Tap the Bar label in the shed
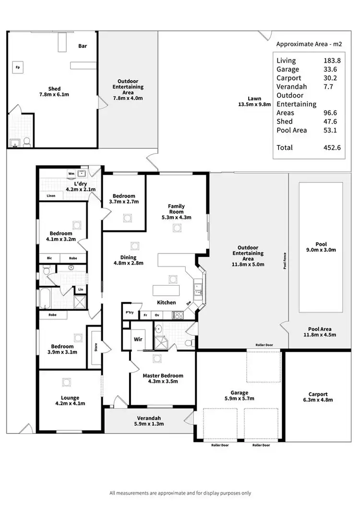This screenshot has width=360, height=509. (83, 46)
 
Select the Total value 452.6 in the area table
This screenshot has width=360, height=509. (332, 148)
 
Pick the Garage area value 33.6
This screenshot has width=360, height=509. (329, 69)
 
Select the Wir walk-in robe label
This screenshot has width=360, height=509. (138, 339)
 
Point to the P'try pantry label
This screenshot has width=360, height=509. (129, 313)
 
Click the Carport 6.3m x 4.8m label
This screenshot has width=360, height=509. (318, 397)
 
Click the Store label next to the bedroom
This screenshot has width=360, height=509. (96, 346)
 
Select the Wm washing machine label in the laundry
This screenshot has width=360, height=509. (71, 174)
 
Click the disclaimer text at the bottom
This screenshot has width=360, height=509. (180, 493)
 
